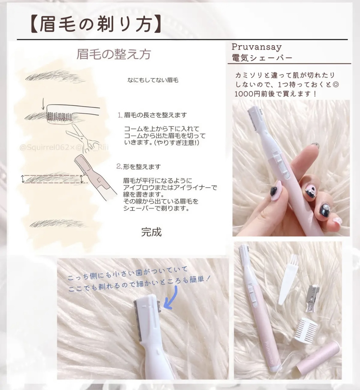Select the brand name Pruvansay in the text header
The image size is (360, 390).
pos(257,47)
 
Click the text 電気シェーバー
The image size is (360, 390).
pos(262,58)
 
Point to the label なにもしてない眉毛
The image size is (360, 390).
pos(153,80)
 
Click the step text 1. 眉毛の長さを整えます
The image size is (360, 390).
pos(152,115)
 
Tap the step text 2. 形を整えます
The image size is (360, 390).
pos(138,167)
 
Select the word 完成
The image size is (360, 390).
pos(151,232)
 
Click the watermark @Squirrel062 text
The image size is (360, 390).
pos(47,147)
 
